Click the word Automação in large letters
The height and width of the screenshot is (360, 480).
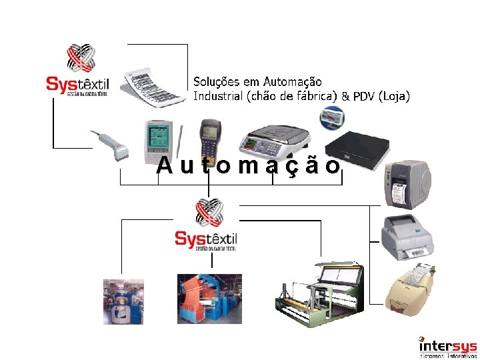coord(249,165)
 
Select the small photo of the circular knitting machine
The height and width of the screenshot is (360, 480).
coord(123,301)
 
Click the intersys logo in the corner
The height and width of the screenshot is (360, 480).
coord(447,347)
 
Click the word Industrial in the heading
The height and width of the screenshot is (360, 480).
coord(218,96)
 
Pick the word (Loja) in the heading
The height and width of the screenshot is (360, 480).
coord(394,97)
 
